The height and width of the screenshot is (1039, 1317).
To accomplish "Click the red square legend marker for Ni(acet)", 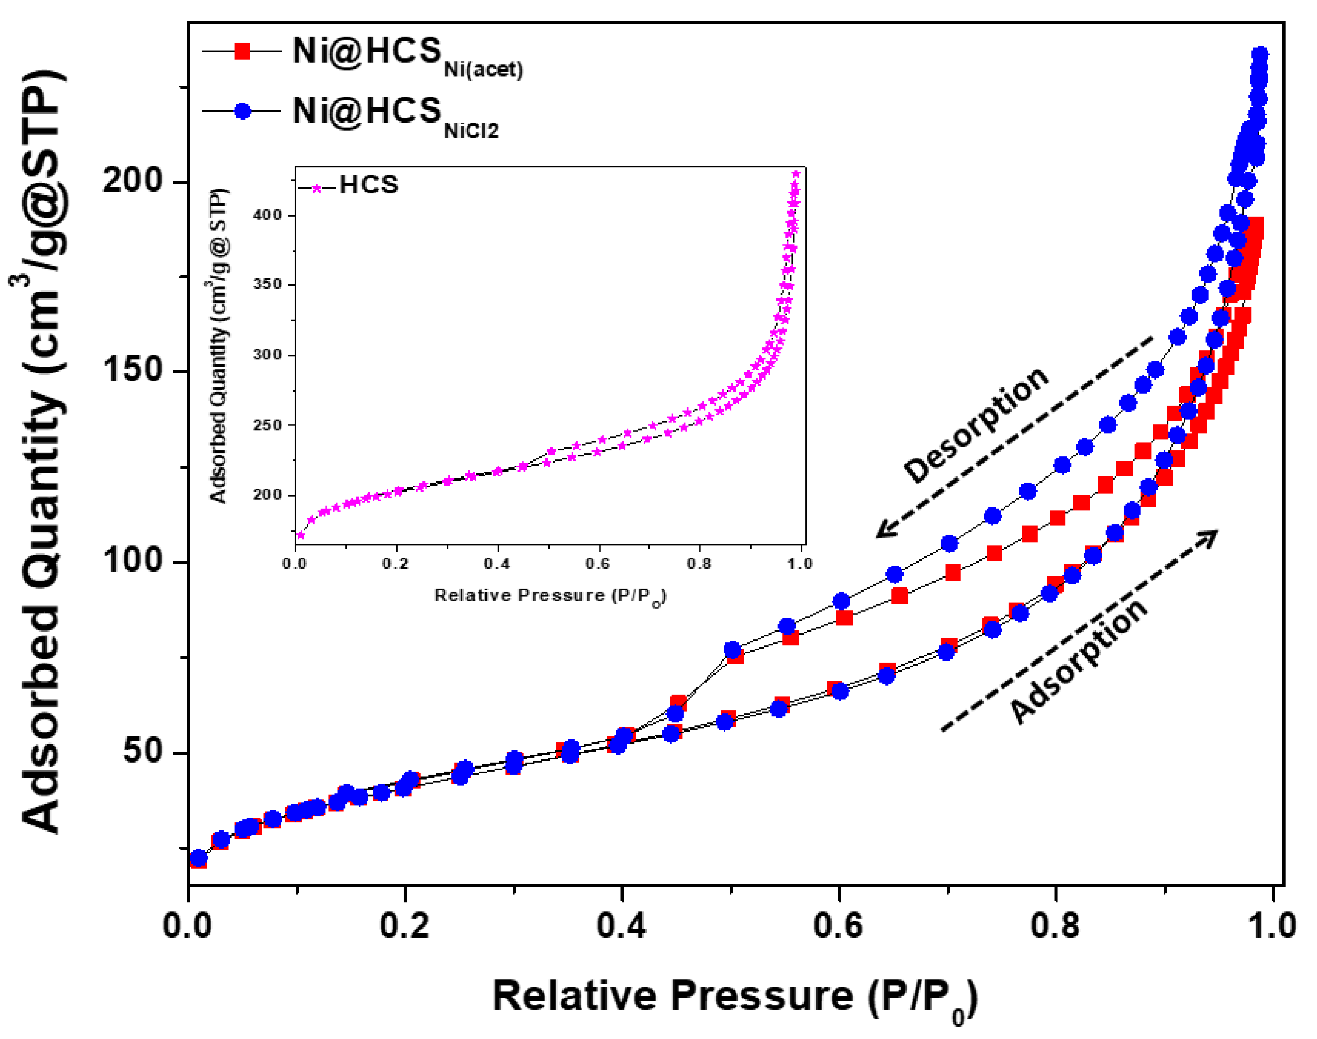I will point(242,51).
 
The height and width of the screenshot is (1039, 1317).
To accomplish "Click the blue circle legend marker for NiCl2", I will point(242,111).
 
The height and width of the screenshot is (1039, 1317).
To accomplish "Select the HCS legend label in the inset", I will point(369,185).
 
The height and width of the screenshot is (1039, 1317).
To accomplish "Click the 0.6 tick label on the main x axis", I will point(838,926).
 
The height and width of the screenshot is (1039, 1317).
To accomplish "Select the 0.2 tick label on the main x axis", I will point(404,926).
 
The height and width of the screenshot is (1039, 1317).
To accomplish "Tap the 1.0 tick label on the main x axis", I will point(1272,926).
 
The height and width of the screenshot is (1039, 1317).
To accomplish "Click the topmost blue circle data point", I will point(1260,55).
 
